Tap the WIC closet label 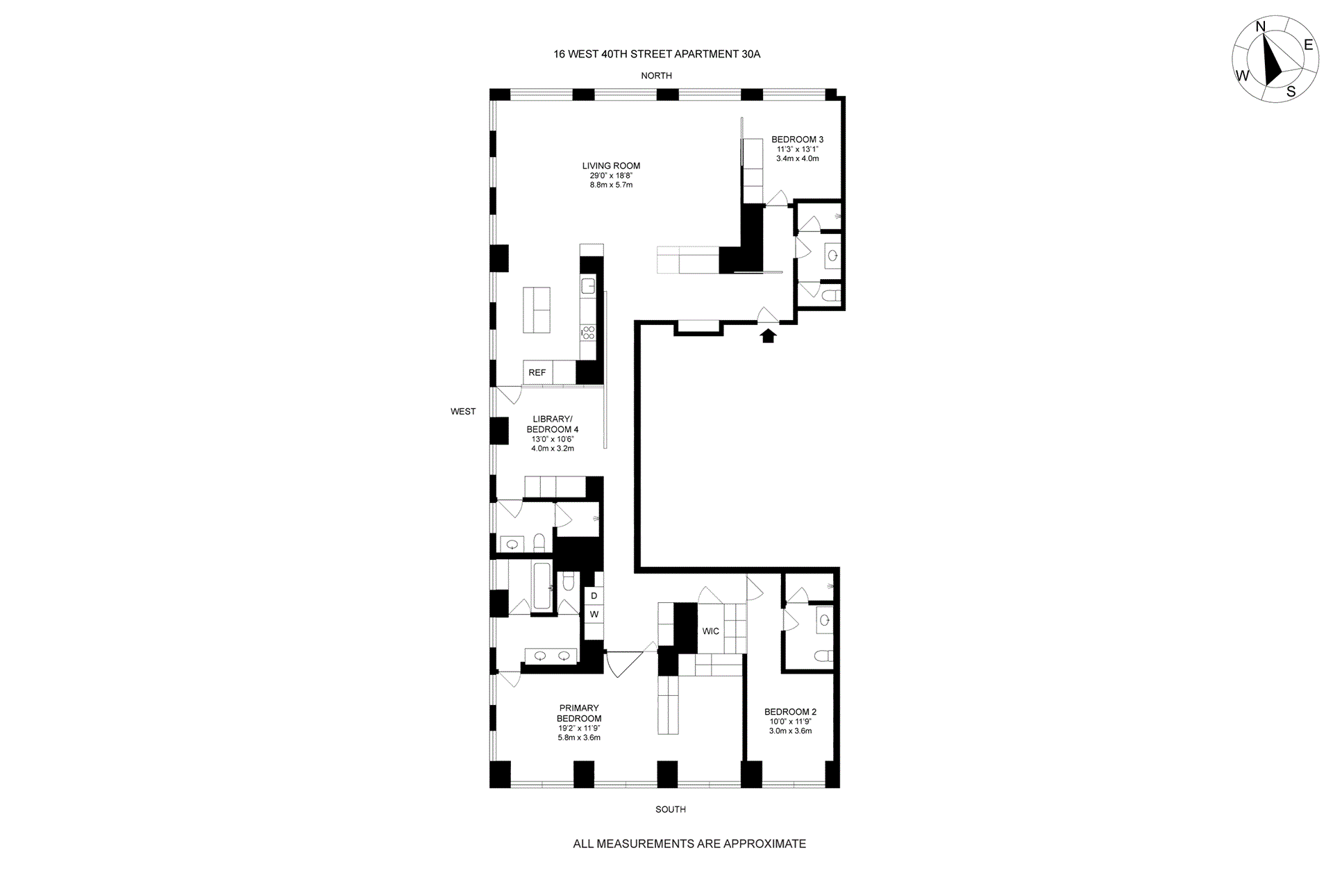710,631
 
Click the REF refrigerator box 537,372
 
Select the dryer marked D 594,596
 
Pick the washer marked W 594,615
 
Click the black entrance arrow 767,336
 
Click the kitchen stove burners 588,333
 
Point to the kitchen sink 588,285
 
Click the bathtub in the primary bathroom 542,587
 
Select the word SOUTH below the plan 671,809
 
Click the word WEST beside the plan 463,411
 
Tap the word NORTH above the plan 656,75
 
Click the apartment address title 657,53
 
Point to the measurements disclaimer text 689,844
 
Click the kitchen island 537,310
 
